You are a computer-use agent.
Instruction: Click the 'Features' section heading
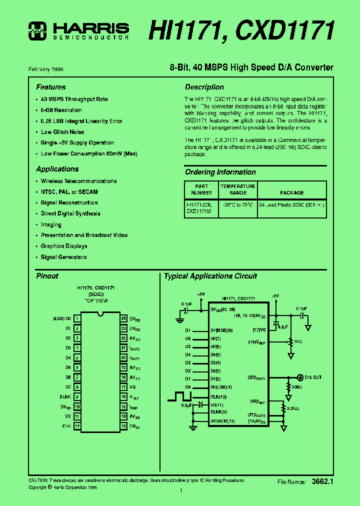point(51,87)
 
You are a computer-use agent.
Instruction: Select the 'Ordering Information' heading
point(220,172)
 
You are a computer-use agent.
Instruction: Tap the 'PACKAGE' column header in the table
point(292,192)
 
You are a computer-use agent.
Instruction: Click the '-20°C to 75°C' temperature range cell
point(238,205)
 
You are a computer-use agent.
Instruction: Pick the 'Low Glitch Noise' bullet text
point(62,132)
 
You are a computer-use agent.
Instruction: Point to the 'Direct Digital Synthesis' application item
point(70,213)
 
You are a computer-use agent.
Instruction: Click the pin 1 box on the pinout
point(77,318)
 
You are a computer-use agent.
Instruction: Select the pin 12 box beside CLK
point(77,426)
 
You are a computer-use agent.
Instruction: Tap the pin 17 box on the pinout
point(123,386)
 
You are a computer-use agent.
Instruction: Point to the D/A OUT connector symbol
point(300,377)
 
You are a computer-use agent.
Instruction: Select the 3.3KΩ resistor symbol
point(284,408)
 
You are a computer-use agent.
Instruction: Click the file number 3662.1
point(322,481)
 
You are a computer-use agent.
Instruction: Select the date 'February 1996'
point(46,69)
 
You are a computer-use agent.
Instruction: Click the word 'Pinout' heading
point(47,276)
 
